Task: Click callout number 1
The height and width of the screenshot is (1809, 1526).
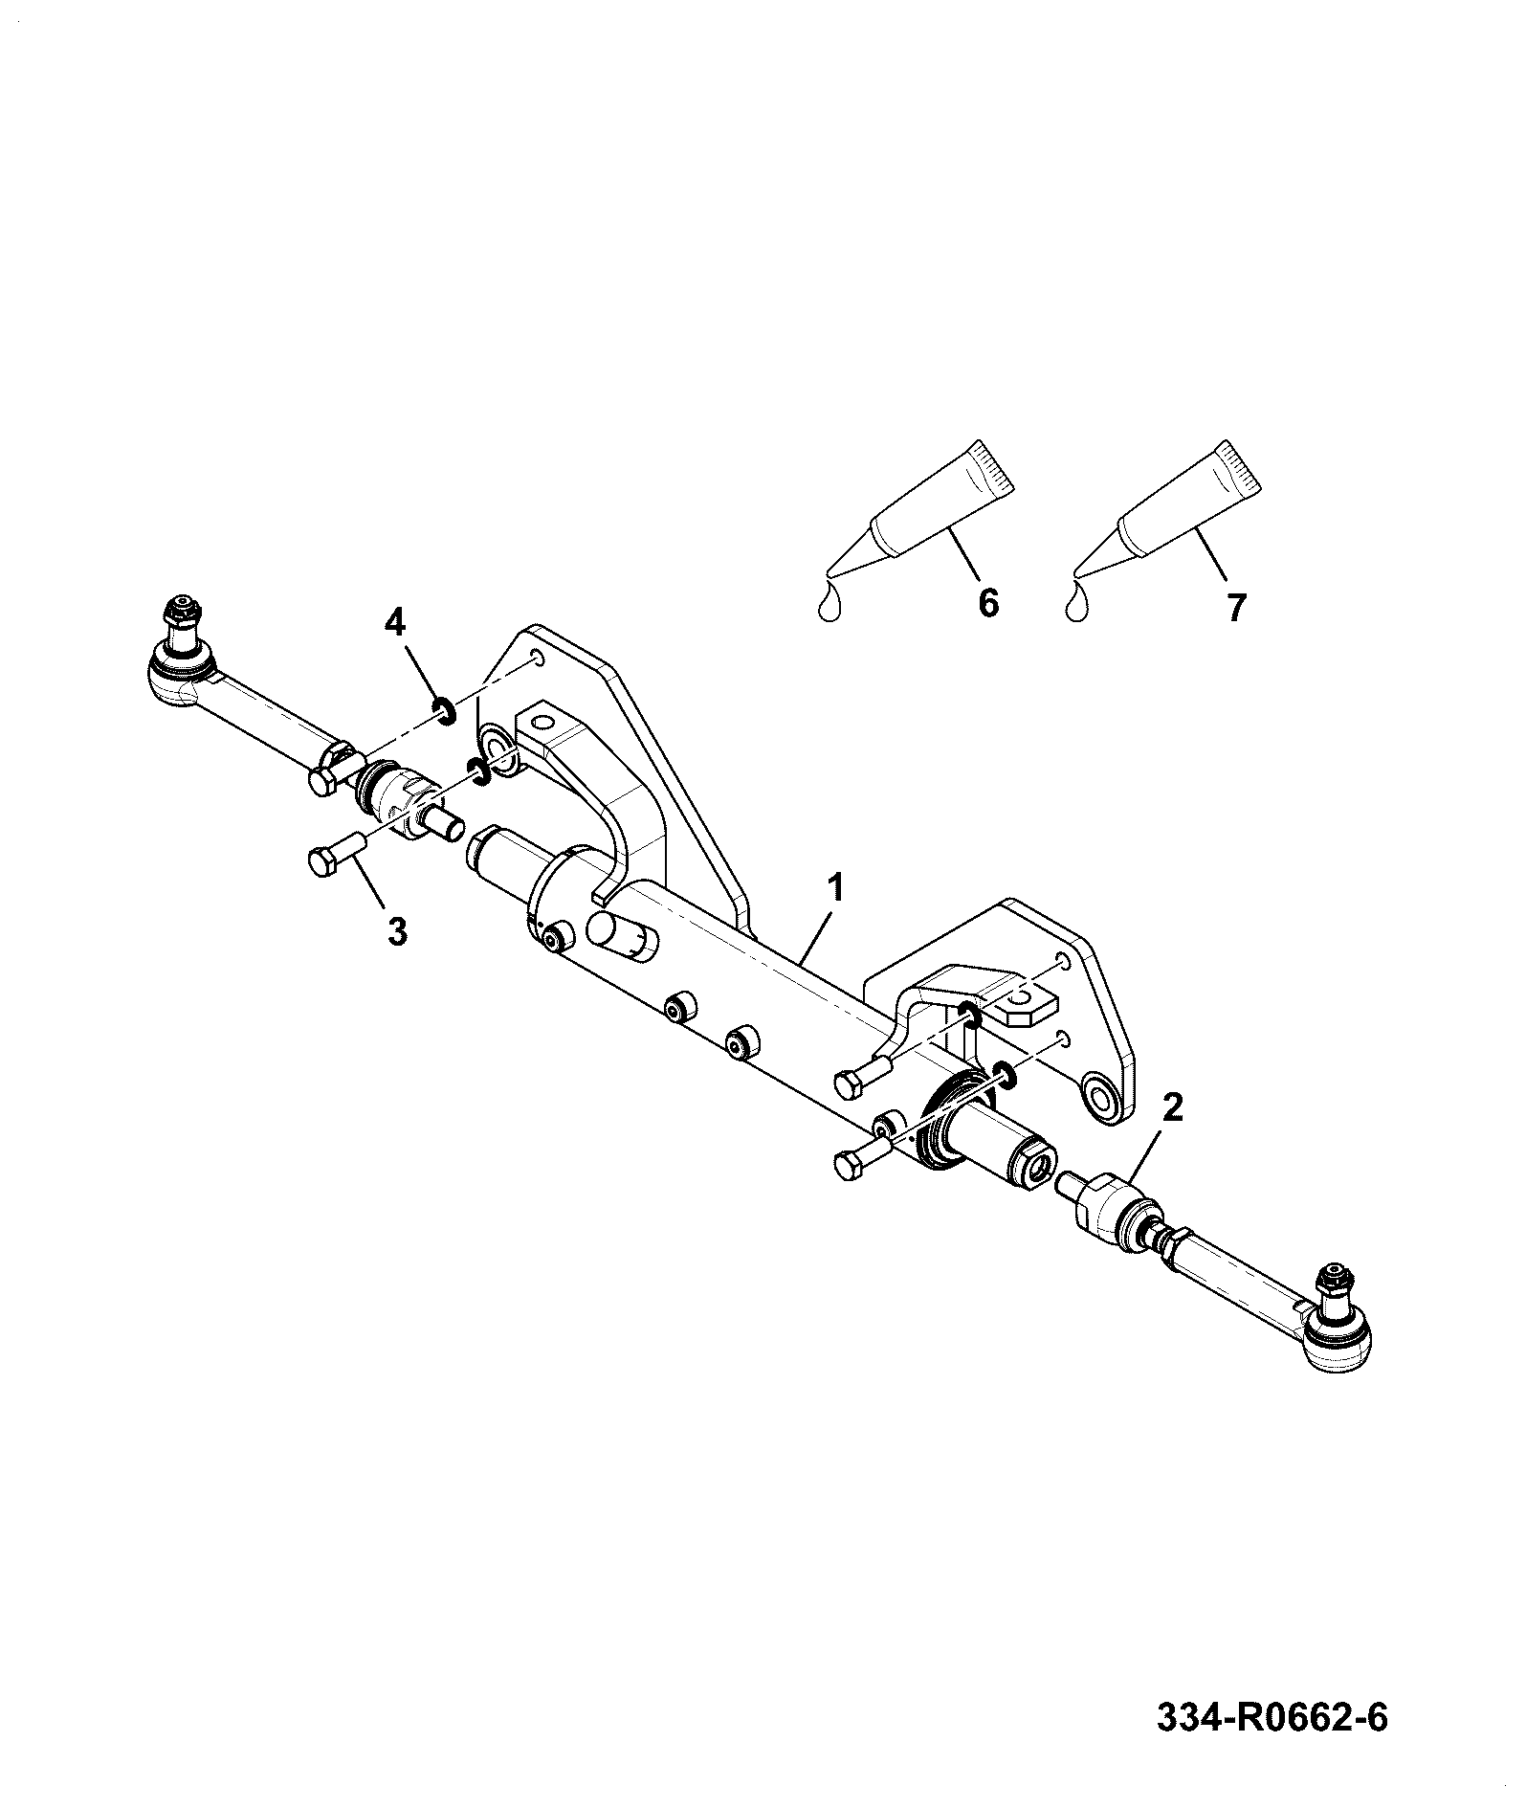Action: tap(836, 886)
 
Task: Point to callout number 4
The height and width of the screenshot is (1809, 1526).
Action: tap(394, 623)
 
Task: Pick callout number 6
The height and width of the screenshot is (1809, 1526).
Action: tap(988, 604)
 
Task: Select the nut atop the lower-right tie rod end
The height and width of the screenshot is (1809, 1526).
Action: tap(1332, 1280)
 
